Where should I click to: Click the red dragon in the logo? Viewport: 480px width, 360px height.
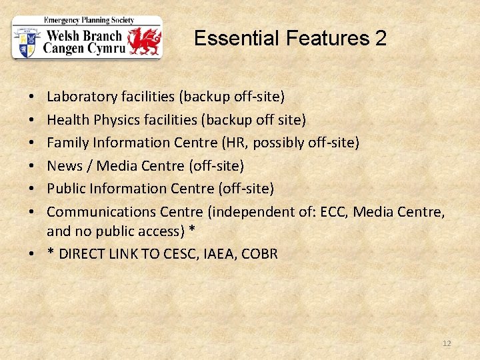pyautogui.click(x=145, y=41)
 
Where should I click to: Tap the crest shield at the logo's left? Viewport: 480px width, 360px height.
pyautogui.click(x=27, y=42)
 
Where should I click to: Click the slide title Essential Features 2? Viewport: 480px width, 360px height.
pyautogui.click(x=290, y=39)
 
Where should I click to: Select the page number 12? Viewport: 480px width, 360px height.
pyautogui.click(x=447, y=343)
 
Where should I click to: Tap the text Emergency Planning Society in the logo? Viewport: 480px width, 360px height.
pyautogui.click(x=86, y=20)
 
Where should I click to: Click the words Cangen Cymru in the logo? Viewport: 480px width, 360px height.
pyautogui.click(x=83, y=48)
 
